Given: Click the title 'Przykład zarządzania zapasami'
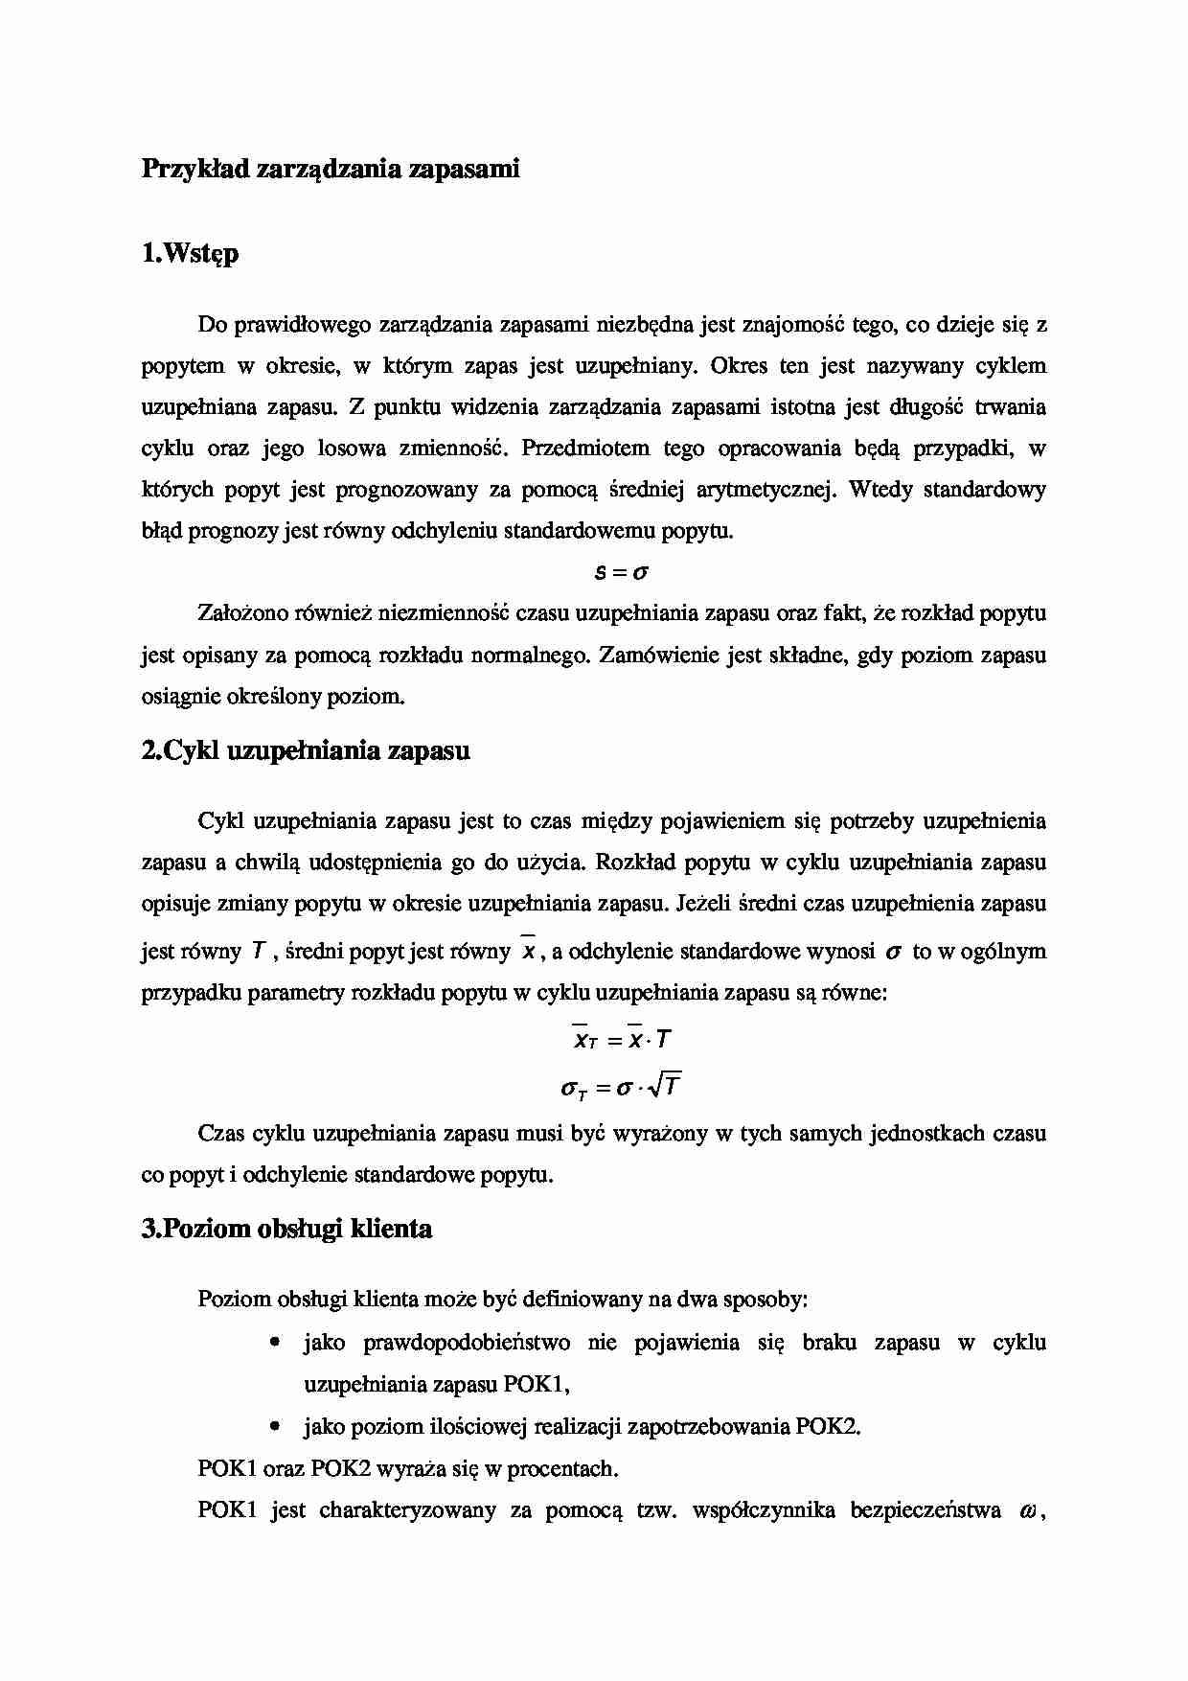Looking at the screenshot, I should tap(331, 170).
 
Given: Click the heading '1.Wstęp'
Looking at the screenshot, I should tap(190, 254).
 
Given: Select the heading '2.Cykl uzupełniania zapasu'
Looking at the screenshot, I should tap(306, 750).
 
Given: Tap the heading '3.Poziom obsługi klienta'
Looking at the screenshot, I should tap(286, 1229).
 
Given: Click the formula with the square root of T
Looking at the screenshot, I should tap(621, 1087).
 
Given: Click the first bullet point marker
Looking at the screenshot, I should tap(275, 1344).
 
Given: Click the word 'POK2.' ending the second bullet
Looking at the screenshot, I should tap(828, 1427).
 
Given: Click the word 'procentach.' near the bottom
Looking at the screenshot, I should tap(563, 1469).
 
